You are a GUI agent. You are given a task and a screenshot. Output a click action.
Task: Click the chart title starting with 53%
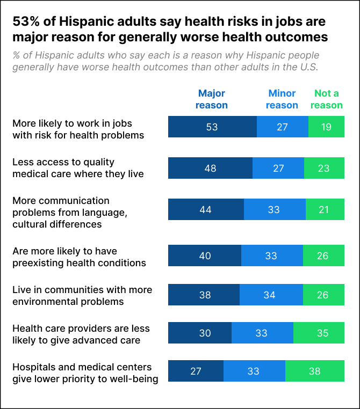pyautogui.click(x=169, y=29)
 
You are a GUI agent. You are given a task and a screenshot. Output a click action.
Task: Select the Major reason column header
pyautogui.click(x=211, y=99)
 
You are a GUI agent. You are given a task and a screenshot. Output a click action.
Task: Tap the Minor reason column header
pyautogui.click(x=282, y=99)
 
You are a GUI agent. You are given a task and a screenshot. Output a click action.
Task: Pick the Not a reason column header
pyautogui.click(x=326, y=99)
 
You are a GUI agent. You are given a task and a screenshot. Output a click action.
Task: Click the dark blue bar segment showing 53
pyautogui.click(x=212, y=127)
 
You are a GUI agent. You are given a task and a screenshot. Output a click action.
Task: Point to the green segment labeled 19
pyautogui.click(x=326, y=127)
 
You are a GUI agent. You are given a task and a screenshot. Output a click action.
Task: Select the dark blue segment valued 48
pyautogui.click(x=210, y=168)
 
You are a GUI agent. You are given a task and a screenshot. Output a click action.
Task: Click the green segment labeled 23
pyautogui.click(x=324, y=168)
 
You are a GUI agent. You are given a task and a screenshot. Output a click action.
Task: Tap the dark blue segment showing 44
pyautogui.click(x=206, y=209)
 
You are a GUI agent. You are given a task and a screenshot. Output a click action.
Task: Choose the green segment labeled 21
pyautogui.click(x=325, y=209)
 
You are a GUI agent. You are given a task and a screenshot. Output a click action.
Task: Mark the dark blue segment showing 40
pyautogui.click(x=205, y=255)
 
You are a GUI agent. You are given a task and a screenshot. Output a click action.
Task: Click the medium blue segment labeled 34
pyautogui.click(x=271, y=295)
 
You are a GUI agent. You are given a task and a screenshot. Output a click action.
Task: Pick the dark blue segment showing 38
pyautogui.click(x=204, y=295)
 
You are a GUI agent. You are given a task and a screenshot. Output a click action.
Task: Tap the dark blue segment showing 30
pyautogui.click(x=200, y=333)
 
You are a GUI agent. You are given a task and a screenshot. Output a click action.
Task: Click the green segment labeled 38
pyautogui.click(x=315, y=371)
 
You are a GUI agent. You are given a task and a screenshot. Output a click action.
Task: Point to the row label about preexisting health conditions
pyautogui.click(x=79, y=257)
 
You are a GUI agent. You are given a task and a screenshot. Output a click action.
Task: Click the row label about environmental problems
pyautogui.click(x=82, y=296)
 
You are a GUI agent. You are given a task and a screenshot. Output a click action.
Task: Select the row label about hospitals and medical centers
pyautogui.click(x=85, y=373)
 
